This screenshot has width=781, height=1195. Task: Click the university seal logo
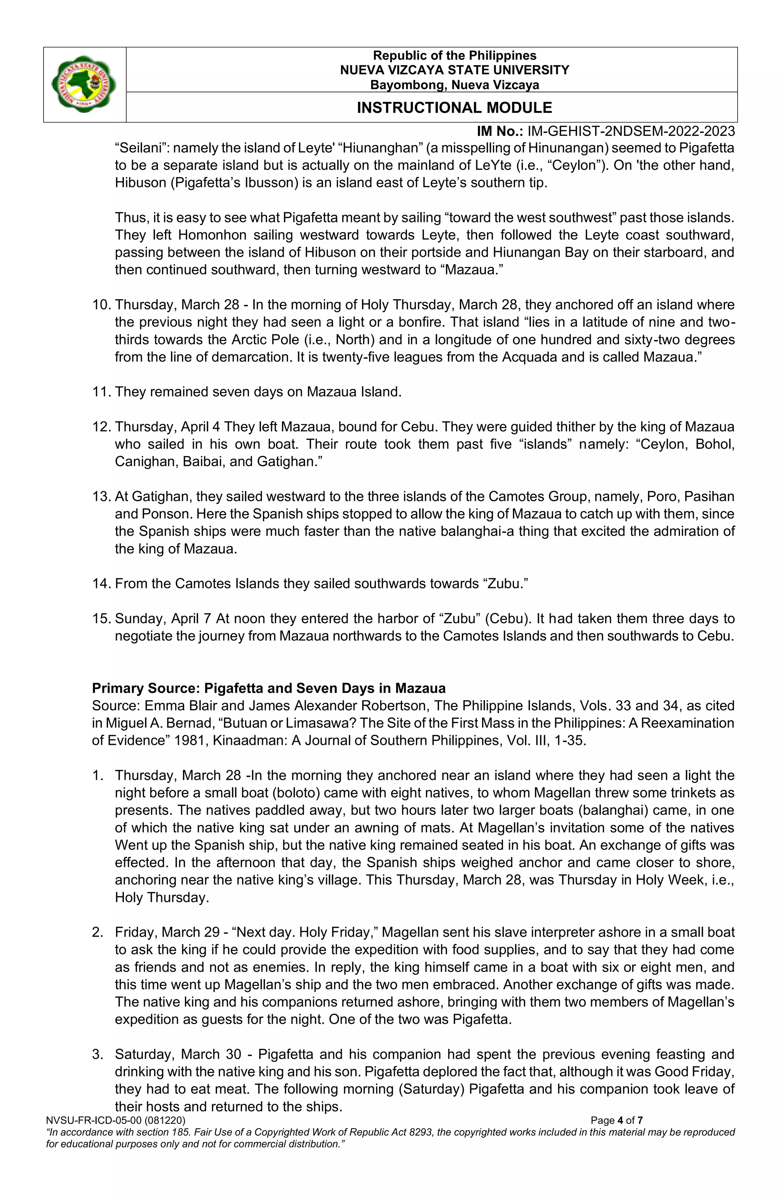(x=84, y=84)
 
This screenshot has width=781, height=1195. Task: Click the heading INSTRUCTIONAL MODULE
(x=454, y=108)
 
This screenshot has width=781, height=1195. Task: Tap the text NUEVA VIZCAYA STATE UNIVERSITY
(x=454, y=70)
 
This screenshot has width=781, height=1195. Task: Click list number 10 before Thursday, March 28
(x=101, y=305)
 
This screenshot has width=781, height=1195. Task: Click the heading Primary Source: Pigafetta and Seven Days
(x=268, y=688)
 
